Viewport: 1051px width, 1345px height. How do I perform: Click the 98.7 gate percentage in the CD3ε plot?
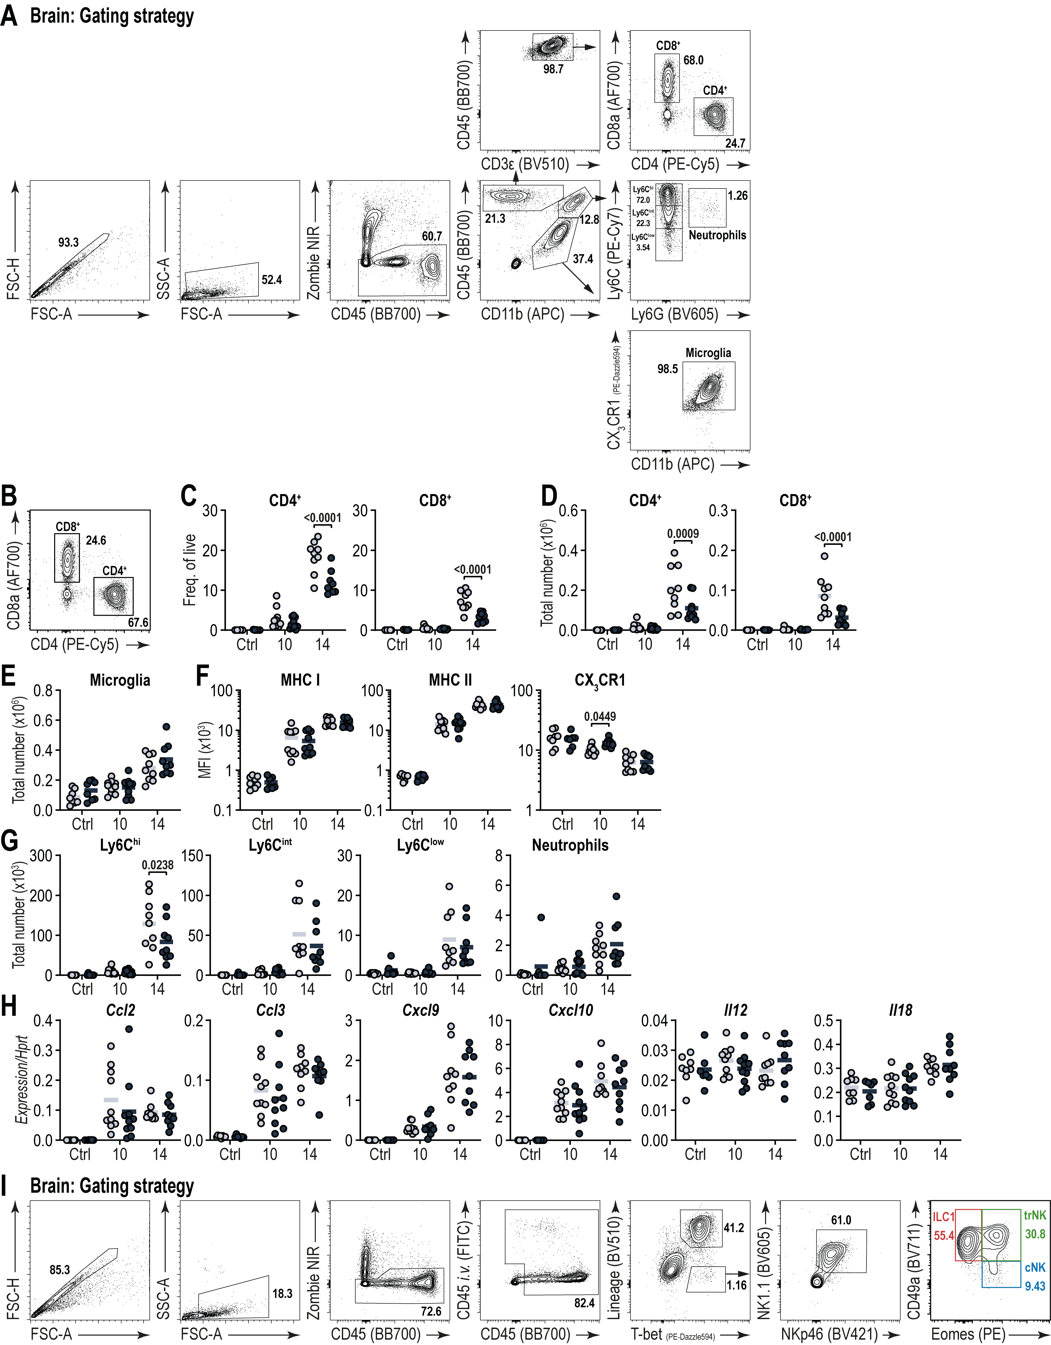coord(553,69)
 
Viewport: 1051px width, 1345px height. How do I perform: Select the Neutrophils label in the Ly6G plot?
coord(717,235)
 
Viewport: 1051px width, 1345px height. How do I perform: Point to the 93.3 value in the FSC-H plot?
coord(68,243)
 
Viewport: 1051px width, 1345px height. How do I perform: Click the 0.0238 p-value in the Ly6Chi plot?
coord(157,865)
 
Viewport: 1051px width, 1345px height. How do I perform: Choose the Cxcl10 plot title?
coord(570,1010)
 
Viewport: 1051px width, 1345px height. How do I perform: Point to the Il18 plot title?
coord(900,1010)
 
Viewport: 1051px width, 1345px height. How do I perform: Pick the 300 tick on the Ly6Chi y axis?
coord(40,856)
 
